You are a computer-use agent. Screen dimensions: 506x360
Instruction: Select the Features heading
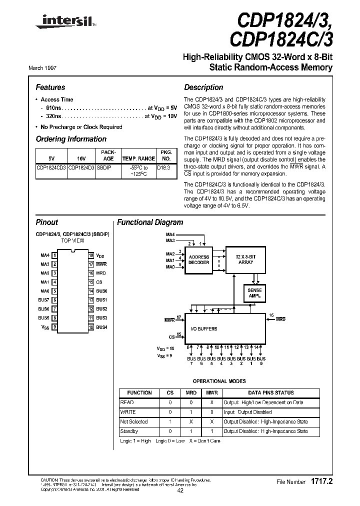pos(50,87)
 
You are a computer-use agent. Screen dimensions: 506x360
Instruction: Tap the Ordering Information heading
pos(71,139)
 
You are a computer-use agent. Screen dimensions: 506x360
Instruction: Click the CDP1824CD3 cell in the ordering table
pos(51,168)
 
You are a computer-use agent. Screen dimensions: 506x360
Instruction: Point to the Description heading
pos(203,87)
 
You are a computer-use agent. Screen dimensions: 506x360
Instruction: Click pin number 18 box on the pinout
pos(91,255)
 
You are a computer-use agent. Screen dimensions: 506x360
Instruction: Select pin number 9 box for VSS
pos(54,327)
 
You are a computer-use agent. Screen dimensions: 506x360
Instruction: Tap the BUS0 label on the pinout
pos(101,291)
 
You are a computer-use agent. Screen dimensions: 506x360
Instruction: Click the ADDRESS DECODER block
pos(199,259)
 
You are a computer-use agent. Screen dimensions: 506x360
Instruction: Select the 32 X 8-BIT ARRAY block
pos(245,259)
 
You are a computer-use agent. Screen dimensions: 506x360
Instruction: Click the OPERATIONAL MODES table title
pos(219,381)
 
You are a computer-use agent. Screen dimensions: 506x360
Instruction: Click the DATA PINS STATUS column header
pos(270,392)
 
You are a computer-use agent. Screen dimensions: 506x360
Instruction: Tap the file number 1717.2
pos(320,481)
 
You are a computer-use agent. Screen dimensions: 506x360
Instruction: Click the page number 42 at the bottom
pos(180,490)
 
